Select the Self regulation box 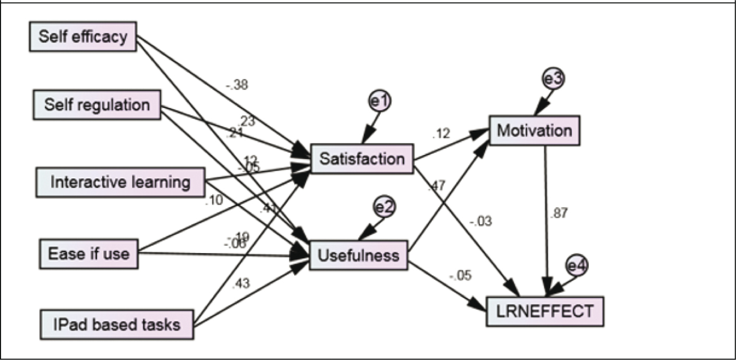point(96,104)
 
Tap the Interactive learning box point(120,182)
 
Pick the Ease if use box point(89,254)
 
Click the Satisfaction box point(361,159)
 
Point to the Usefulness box point(358,255)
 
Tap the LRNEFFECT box point(545,311)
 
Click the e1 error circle point(380,103)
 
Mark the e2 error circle point(385,207)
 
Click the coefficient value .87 point(559,212)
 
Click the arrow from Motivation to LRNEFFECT point(546,219)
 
